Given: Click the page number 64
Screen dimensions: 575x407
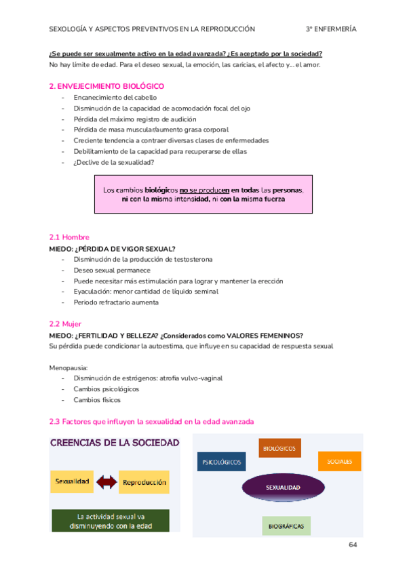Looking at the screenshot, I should coord(353,544).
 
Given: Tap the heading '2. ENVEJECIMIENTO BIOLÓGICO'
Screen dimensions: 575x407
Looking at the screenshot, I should coord(106,86).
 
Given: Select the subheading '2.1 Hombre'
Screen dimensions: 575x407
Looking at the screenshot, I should coord(69,237).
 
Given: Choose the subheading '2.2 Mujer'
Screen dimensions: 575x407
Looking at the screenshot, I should coord(66,324).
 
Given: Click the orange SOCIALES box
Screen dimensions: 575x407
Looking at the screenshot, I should coord(339,462).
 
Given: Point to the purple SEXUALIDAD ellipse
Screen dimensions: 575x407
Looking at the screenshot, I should coord(283,487).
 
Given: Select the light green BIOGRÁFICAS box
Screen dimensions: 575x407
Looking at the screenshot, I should coord(286,526).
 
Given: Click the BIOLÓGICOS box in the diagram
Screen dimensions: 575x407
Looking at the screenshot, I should coord(279,448).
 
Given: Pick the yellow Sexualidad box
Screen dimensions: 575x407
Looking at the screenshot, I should coord(71,482).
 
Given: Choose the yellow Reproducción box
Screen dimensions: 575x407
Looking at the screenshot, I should coord(144,482).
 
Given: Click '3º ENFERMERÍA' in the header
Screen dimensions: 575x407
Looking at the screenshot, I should coord(331,29).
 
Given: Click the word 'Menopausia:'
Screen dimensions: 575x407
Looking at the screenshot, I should coord(69,367).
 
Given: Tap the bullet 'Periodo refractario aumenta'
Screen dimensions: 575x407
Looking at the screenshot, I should coord(116,302).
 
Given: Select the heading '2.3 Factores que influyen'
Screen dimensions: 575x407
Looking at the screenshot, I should coord(151,421).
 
